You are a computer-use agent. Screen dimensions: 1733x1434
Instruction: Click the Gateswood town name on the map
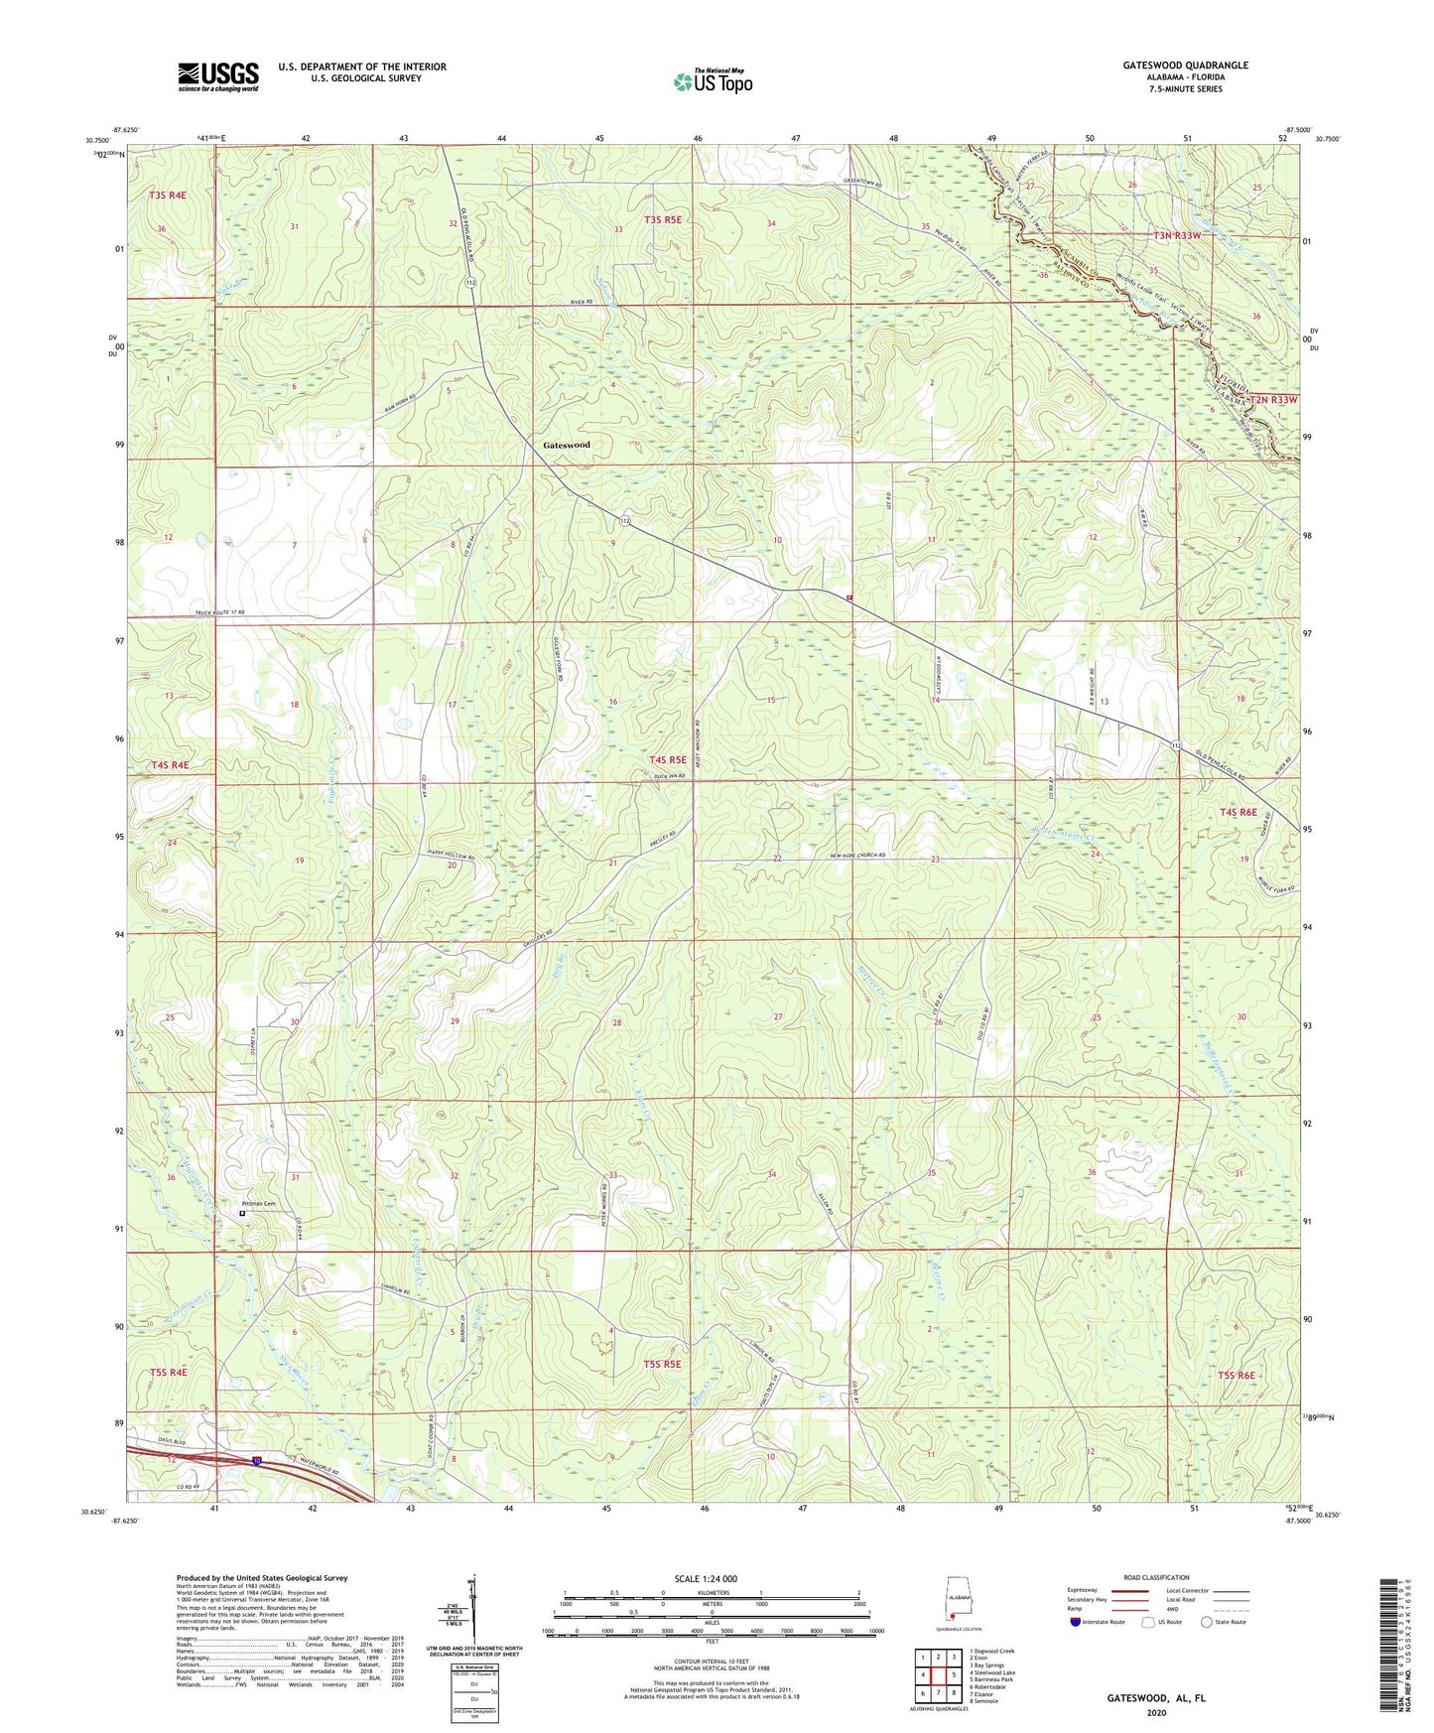(567, 445)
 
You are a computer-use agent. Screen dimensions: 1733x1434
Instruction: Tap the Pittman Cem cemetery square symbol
(242, 1212)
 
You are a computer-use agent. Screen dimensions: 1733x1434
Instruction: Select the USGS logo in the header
(217, 76)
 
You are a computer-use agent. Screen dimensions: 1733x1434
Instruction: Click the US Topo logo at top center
(713, 81)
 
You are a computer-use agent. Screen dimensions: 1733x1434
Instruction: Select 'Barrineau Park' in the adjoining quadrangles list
(992, 1678)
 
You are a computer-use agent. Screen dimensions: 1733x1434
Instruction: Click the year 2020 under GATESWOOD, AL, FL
(1156, 1712)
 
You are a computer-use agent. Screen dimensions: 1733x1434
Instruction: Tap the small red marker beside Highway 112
(850, 598)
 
